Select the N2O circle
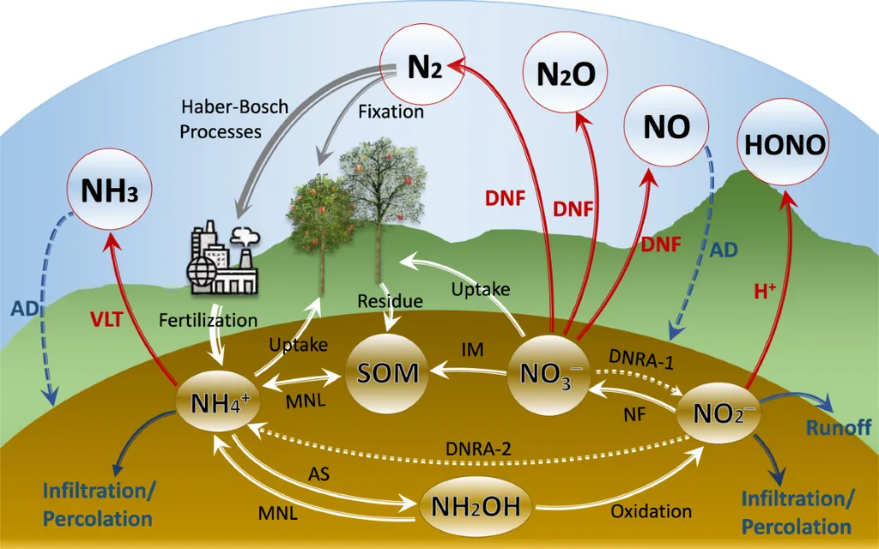(566, 74)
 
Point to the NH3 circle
(110, 190)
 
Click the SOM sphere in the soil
(387, 372)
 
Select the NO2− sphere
(718, 413)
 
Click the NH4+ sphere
(219, 402)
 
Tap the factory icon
(224, 257)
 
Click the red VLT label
(106, 319)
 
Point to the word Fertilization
(208, 321)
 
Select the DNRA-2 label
(478, 449)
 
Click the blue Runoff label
(839, 428)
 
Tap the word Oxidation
(651, 511)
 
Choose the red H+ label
(765, 291)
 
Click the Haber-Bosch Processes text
(233, 118)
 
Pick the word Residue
(391, 301)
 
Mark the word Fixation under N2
(391, 112)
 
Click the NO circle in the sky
(666, 127)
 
